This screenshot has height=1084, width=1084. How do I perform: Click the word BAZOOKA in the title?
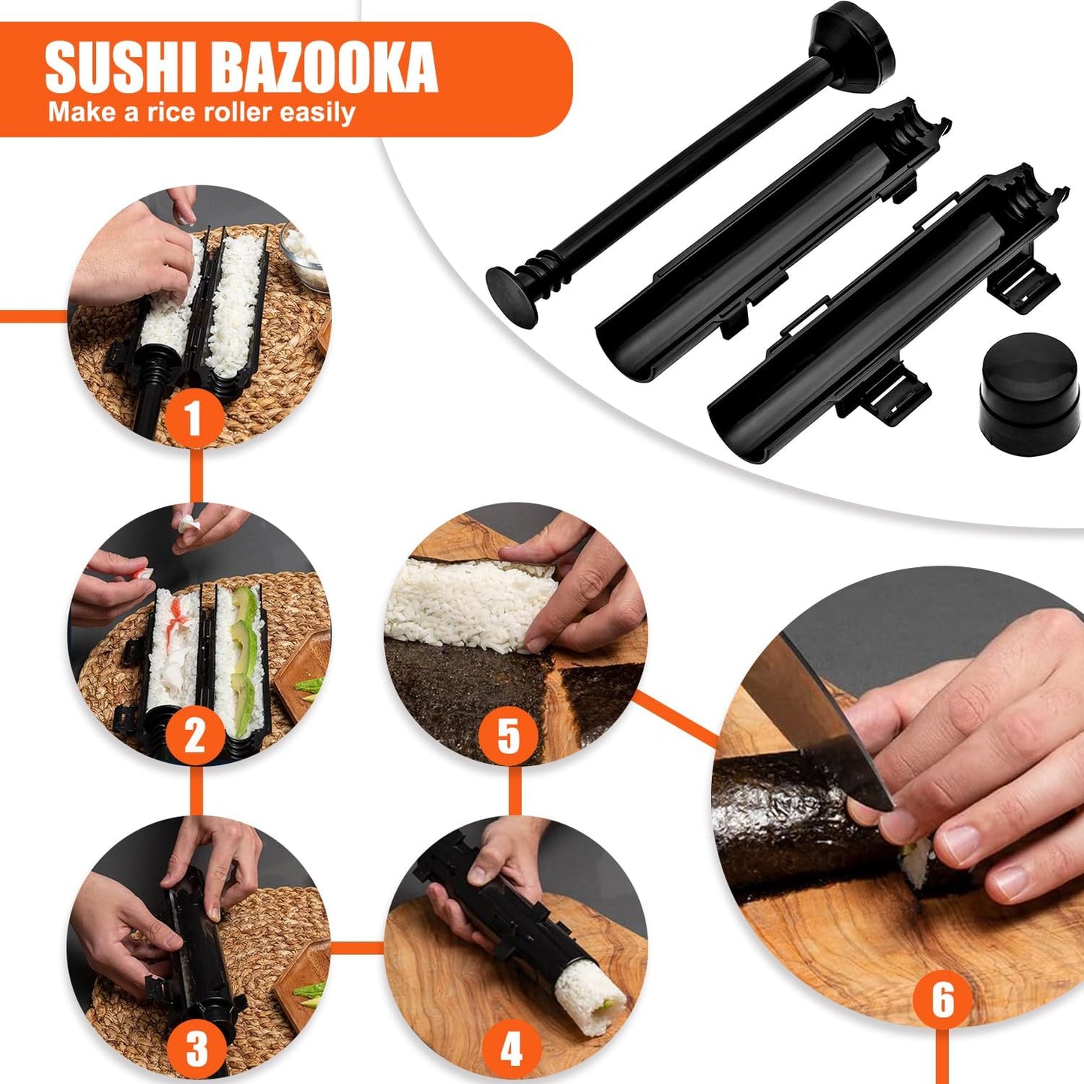coord(328,68)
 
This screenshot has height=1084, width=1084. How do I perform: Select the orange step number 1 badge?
coord(194,418)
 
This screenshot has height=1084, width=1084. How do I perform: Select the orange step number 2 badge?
coord(194,735)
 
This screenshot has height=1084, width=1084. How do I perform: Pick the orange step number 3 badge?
coord(196,1048)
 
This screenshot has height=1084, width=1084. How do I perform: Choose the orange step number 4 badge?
coord(511,1048)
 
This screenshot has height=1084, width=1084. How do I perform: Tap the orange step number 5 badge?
coord(509,735)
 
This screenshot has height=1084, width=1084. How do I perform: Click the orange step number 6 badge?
coord(942,999)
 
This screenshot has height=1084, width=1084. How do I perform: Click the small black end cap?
coord(1028,394)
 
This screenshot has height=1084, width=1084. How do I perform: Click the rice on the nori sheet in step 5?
coord(465,600)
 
